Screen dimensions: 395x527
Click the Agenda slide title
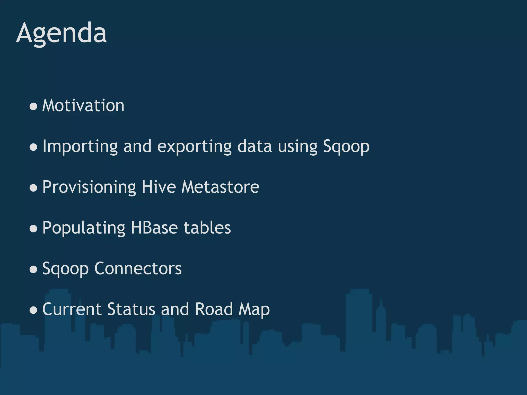pyautogui.click(x=61, y=33)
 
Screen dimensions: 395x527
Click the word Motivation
pyautogui.click(x=83, y=106)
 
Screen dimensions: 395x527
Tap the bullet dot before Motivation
pyautogui.click(x=33, y=106)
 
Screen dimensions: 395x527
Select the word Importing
pyautogui.click(x=80, y=147)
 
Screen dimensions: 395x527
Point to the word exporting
pyautogui.click(x=194, y=147)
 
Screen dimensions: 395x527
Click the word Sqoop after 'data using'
pyautogui.click(x=346, y=147)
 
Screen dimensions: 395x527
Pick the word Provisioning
pyautogui.click(x=89, y=187)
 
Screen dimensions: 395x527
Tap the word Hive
pyautogui.click(x=159, y=187)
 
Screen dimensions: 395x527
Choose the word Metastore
pyautogui.click(x=220, y=187)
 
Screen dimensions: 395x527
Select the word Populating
pyautogui.click(x=84, y=228)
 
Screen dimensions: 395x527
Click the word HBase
pyautogui.click(x=154, y=228)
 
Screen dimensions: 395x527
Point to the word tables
pyautogui.click(x=207, y=228)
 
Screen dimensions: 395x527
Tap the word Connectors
pyautogui.click(x=138, y=268)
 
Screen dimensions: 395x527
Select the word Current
pyautogui.click(x=72, y=309)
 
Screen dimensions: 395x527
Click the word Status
pyautogui.click(x=131, y=309)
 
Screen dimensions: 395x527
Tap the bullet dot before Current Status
pyautogui.click(x=33, y=310)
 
